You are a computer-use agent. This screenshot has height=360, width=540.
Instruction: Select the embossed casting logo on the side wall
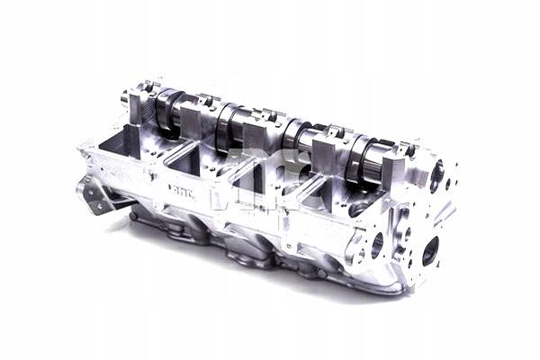pos(180,189)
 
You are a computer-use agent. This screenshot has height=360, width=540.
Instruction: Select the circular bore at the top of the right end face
pos(437,175)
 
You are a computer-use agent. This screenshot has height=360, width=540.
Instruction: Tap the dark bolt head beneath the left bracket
pos(133,216)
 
